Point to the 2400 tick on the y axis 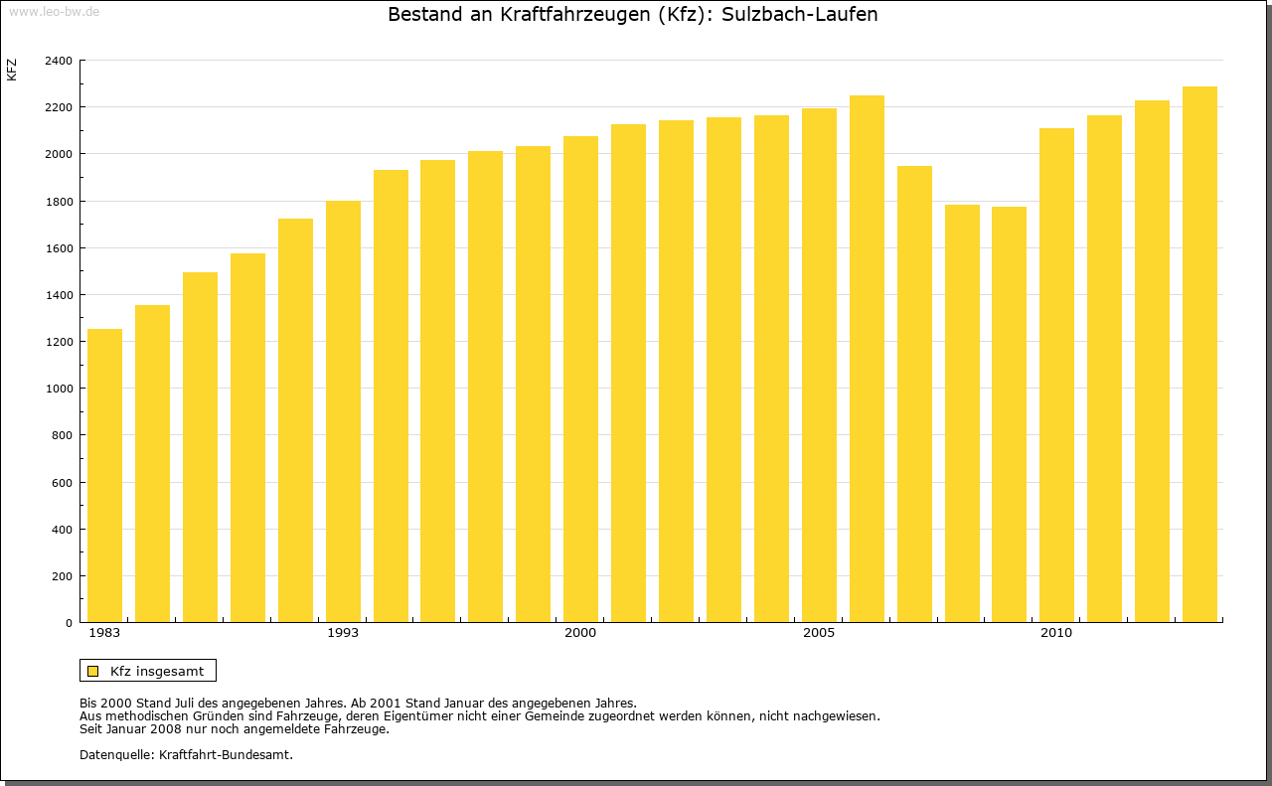point(59,61)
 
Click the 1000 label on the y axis point(59,389)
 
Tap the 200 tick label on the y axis point(62,576)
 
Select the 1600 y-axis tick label point(59,248)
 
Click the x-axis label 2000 point(580,633)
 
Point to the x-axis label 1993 point(343,633)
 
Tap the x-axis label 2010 point(1056,633)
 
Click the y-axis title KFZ point(12,70)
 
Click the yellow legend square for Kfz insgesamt point(92,671)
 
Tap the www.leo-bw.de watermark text point(54,11)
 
